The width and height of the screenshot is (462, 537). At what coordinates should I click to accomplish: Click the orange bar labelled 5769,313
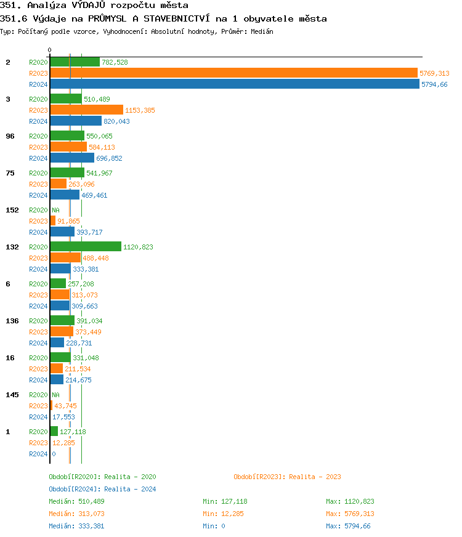[233, 73]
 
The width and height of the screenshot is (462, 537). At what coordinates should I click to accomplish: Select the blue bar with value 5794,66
[235, 84]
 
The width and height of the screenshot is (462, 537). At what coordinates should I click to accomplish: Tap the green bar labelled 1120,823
[86, 246]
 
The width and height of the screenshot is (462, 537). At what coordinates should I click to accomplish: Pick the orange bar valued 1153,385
[86, 110]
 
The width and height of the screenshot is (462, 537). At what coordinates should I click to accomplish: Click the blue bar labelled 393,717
[62, 232]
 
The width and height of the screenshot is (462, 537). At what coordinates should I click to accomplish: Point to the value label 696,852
[109, 158]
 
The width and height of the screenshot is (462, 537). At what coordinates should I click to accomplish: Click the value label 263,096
[81, 184]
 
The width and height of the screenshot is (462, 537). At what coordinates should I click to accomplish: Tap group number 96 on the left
[10, 136]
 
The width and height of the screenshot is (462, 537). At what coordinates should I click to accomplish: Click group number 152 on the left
[12, 210]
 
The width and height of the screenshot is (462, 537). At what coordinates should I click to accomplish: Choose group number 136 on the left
[12, 321]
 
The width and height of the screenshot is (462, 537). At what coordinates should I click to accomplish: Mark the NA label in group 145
[55, 395]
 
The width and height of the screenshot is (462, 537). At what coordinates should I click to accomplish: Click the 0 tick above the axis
[50, 50]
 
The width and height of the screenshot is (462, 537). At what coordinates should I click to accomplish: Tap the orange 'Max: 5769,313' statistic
[350, 514]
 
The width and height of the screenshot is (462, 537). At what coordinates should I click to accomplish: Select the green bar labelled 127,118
[54, 431]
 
